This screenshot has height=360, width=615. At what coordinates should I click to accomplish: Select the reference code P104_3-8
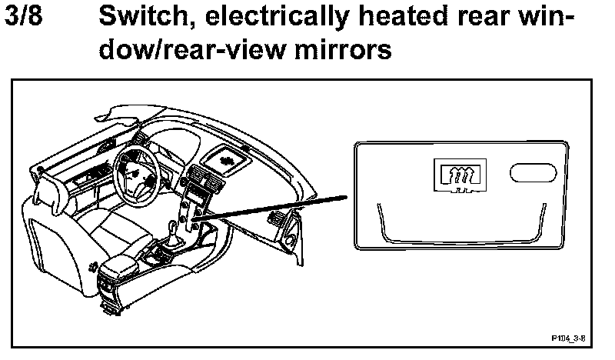[568, 337]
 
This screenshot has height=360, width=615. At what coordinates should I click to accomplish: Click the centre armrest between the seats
[121, 269]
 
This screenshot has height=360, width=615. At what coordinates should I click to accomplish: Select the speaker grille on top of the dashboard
[228, 158]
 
